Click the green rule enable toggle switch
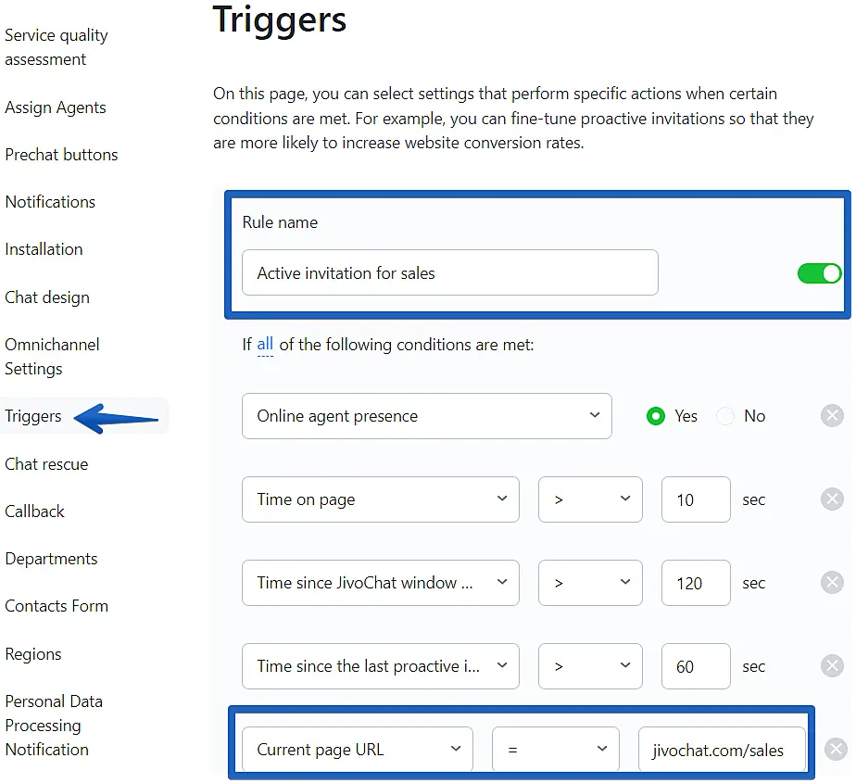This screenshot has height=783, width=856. (819, 273)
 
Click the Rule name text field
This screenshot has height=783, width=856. (450, 272)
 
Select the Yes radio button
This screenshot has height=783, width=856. (656, 416)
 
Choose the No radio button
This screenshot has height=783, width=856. (725, 416)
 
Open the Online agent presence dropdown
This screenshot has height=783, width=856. (427, 416)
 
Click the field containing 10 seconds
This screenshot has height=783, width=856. (696, 499)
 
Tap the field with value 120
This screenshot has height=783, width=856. (696, 583)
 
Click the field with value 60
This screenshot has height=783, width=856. (696, 666)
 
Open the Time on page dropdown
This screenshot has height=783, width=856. (381, 499)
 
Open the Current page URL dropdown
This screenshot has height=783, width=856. (358, 749)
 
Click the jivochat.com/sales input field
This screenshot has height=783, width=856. (722, 749)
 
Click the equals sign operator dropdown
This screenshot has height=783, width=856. (556, 749)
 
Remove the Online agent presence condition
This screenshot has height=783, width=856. (832, 416)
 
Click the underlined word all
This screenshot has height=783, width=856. (265, 345)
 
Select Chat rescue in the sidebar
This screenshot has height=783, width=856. (46, 464)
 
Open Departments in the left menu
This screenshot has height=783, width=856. (51, 559)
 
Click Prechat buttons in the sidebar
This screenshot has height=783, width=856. (61, 155)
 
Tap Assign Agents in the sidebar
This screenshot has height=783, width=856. (56, 107)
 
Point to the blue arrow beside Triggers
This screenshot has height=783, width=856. (116, 419)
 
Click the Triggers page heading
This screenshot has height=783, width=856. (280, 20)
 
